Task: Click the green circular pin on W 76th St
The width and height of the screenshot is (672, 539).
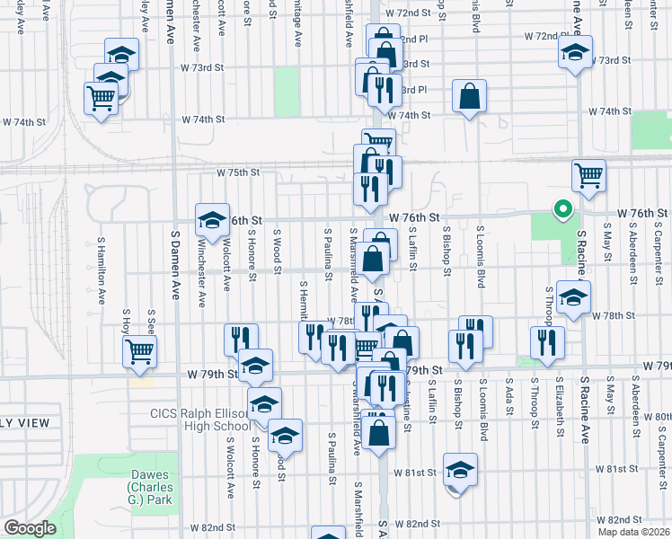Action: [563, 210]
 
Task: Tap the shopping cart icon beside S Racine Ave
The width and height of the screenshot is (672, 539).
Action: [588, 175]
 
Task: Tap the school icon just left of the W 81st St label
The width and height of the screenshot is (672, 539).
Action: [460, 470]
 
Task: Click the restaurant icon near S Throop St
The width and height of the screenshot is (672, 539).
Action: [546, 342]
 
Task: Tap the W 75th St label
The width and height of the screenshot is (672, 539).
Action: [237, 172]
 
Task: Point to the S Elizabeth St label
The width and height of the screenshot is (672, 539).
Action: [559, 406]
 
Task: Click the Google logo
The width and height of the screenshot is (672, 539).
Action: [30, 528]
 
